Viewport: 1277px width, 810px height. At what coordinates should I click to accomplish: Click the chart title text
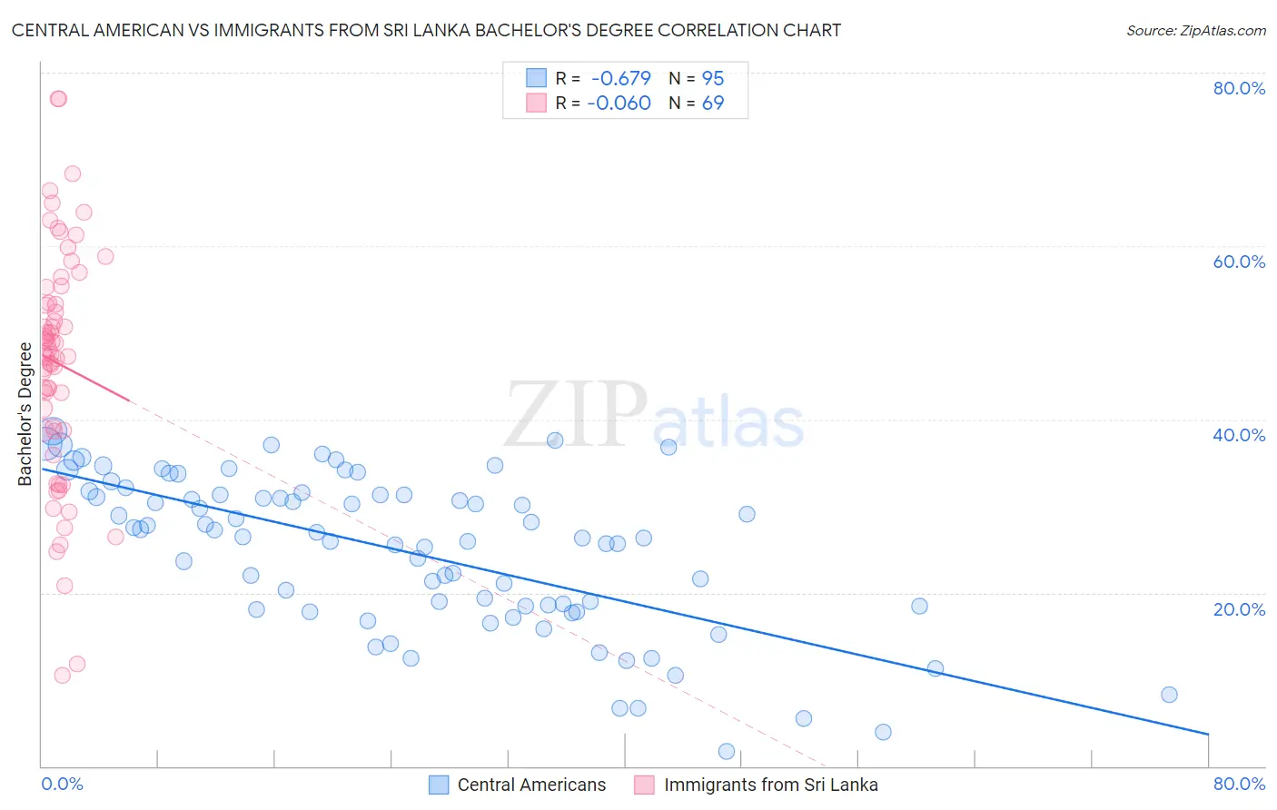[x=426, y=30]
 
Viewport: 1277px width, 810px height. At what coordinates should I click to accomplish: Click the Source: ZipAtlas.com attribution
[x=1195, y=30]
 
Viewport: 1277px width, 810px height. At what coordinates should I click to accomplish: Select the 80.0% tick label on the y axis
[x=1239, y=88]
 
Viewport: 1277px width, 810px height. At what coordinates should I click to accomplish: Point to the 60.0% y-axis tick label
[x=1239, y=262]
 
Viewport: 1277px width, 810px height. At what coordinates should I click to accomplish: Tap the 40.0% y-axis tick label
[x=1239, y=435]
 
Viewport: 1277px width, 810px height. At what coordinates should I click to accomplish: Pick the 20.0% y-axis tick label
[x=1239, y=609]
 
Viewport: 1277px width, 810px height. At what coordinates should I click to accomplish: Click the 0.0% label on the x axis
[x=62, y=784]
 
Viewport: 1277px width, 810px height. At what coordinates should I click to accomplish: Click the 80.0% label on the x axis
[x=1239, y=784]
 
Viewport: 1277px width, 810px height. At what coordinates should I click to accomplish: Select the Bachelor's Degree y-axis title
[x=25, y=414]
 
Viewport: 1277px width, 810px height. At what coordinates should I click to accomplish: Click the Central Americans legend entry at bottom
[x=530, y=785]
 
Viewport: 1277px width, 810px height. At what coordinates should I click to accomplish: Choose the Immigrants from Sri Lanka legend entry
[x=770, y=785]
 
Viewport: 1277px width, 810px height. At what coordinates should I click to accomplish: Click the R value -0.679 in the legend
[x=621, y=79]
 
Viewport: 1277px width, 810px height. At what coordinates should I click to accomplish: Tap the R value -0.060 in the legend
[x=619, y=104]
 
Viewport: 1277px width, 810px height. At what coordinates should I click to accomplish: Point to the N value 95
[x=713, y=79]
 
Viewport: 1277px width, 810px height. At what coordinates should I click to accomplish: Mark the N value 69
[x=713, y=104]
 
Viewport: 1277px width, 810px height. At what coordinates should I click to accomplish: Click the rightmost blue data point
[x=1169, y=695]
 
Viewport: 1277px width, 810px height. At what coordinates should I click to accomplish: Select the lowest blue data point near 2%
[x=727, y=751]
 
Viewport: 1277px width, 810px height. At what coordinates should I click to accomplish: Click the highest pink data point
[x=58, y=98]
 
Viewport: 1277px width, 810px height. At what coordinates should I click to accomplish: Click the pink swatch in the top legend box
[x=537, y=104]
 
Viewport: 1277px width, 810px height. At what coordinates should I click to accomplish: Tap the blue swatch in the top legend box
[x=537, y=79]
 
